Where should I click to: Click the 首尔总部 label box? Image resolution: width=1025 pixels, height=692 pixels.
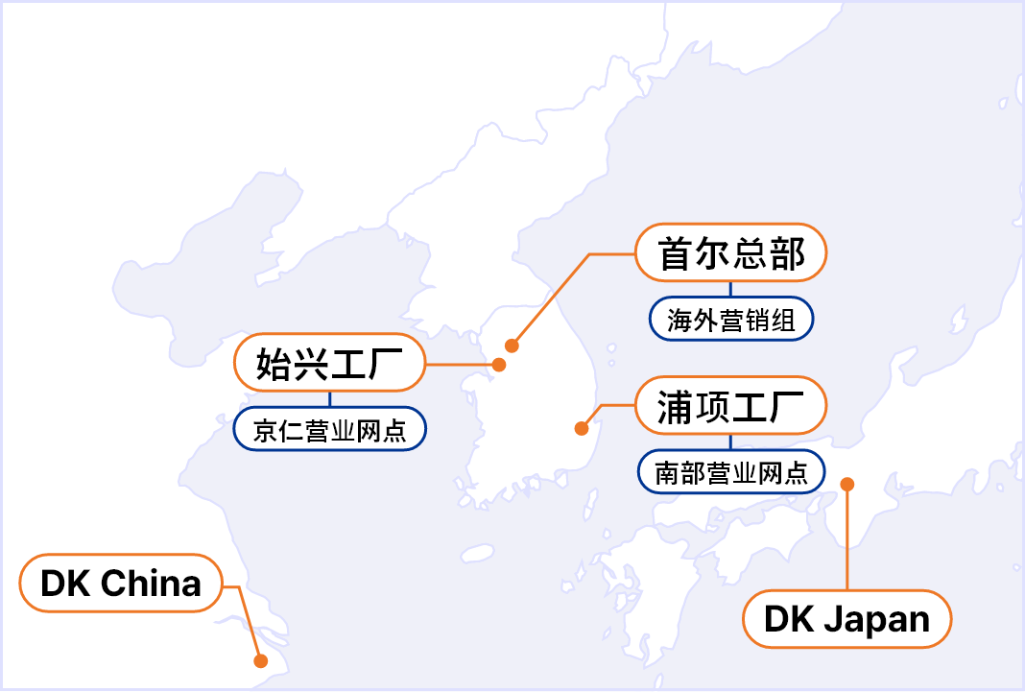coord(730,253)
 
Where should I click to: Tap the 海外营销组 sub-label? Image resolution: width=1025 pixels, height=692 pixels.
coord(730,320)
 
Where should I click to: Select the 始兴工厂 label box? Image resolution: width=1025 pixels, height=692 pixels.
coord(328,364)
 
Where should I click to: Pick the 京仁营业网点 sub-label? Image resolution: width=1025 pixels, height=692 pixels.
coord(329,430)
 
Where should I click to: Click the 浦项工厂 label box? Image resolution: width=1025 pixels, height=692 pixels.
coord(730,405)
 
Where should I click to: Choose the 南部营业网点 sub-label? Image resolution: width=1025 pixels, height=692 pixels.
coord(730,471)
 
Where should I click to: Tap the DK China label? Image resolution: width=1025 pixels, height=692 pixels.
coord(121,583)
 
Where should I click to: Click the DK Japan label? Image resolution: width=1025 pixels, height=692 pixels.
coord(847,619)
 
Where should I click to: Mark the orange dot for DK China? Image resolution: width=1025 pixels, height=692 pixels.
coord(260,660)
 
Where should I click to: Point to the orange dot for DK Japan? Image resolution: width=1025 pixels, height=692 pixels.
coord(846,485)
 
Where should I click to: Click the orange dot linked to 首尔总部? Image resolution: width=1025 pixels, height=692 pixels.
coord(512,346)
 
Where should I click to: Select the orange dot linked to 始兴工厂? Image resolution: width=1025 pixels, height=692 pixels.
coord(499,365)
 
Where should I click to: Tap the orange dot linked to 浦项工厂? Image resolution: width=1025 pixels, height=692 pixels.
coord(581,428)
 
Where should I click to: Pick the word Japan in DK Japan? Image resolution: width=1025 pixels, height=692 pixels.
coord(874,620)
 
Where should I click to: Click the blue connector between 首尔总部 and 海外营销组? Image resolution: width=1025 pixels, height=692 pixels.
coord(730,289)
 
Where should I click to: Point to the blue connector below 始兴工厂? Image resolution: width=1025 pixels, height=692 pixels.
coord(329,399)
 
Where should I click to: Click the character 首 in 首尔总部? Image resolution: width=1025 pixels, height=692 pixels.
coord(676,253)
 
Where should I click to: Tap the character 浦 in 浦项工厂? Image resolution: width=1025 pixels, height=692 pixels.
coord(676,405)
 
